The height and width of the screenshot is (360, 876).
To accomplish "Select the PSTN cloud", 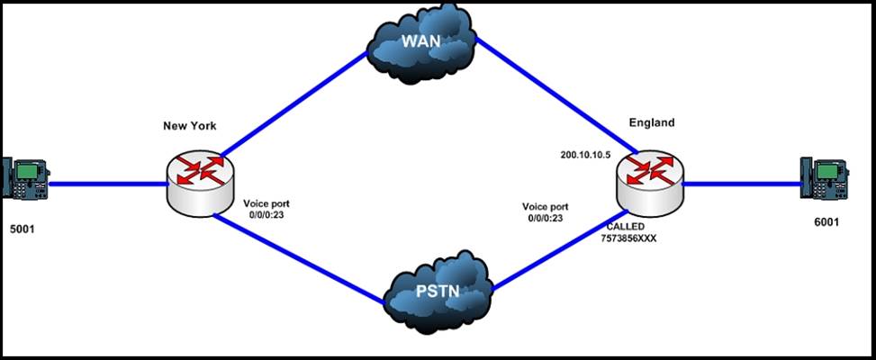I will [x=438, y=291].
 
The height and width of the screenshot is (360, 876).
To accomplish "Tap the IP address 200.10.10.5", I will [x=585, y=155].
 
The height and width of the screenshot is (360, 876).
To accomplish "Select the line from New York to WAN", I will [x=293, y=102].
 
